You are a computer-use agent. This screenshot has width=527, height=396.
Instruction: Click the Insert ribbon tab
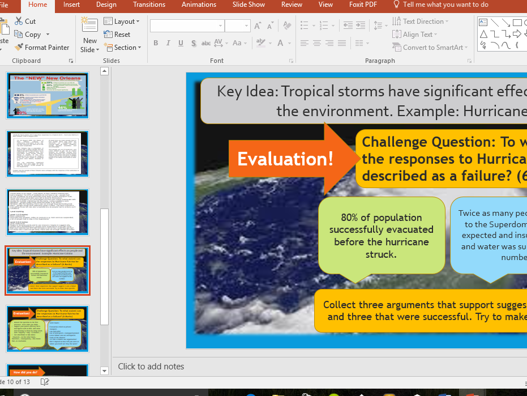tap(71, 5)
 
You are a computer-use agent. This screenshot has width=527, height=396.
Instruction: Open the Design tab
tap(106, 5)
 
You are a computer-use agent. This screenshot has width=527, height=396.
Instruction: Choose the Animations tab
tap(199, 5)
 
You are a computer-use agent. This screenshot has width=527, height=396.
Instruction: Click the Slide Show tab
tap(248, 5)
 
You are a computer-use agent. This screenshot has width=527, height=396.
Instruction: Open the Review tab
tap(292, 5)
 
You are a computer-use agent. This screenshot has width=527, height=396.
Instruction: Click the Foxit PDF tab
tap(363, 5)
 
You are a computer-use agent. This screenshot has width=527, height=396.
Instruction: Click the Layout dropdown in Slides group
tap(122, 22)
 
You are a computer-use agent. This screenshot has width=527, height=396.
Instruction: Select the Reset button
tap(118, 35)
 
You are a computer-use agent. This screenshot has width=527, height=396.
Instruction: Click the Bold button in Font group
tap(156, 44)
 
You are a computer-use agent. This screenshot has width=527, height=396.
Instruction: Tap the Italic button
tap(169, 44)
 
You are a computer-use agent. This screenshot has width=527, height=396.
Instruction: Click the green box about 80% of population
tap(382, 236)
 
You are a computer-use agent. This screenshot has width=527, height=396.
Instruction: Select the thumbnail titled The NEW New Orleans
tap(48, 95)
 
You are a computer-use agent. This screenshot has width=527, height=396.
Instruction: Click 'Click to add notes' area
tap(151, 367)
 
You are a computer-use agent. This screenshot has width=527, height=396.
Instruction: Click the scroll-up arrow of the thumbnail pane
tap(104, 71)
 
